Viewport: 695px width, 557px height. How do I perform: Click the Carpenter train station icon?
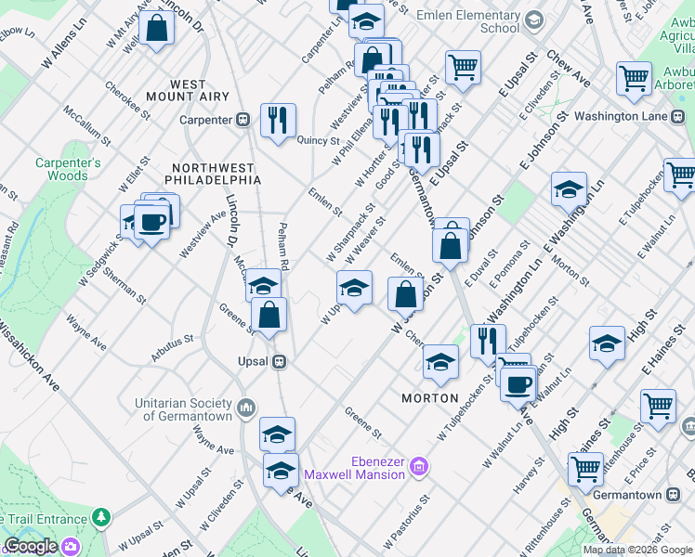click(243, 119)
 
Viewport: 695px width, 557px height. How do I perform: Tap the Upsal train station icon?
click(278, 361)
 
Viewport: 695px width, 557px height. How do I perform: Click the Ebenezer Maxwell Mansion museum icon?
click(418, 466)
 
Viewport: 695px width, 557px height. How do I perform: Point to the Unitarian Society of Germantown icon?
click(245, 407)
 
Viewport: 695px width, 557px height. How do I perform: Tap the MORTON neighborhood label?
click(429, 398)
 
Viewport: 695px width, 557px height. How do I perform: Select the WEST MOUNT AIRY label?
click(189, 90)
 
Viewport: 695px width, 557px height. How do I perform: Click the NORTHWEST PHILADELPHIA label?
click(212, 173)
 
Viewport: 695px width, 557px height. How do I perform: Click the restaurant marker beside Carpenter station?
click(278, 121)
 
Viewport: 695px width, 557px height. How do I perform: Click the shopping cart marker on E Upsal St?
click(462, 66)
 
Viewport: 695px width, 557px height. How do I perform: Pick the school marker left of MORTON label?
click(439, 362)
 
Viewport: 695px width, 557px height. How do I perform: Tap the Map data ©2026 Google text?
click(637, 550)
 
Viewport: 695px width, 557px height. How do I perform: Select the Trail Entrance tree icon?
click(100, 518)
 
